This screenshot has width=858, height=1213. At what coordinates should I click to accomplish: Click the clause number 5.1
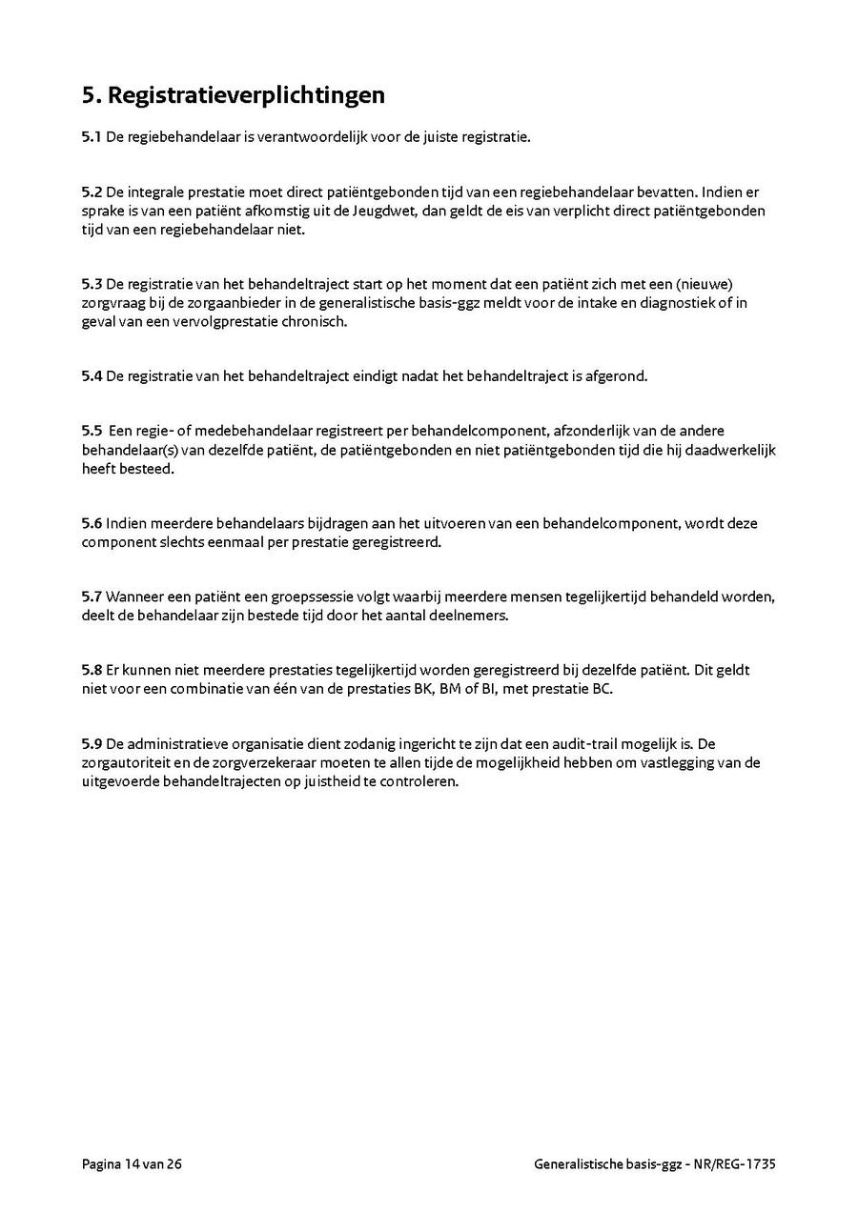click(x=92, y=137)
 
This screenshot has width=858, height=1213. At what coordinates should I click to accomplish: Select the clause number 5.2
click(x=92, y=192)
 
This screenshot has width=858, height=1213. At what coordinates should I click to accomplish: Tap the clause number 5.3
click(x=92, y=284)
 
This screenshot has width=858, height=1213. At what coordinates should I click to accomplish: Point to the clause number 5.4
click(x=92, y=375)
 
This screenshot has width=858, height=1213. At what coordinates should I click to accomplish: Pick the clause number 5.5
click(x=92, y=431)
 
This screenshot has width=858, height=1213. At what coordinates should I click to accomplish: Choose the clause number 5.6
click(x=92, y=523)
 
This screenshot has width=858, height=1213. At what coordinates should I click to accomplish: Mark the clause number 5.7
click(x=92, y=596)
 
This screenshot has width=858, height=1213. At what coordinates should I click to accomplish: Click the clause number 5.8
click(x=92, y=670)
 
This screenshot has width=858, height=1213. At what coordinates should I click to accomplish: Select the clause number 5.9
click(x=92, y=743)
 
